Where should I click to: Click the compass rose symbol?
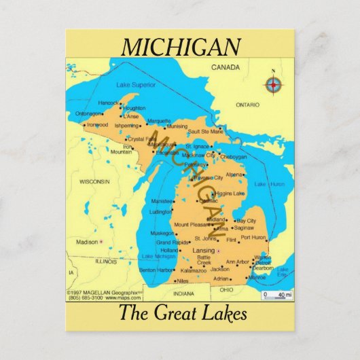click(x=274, y=84)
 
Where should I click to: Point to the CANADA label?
click(x=226, y=68)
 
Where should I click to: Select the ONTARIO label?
click(x=247, y=105)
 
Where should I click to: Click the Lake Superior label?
click(x=135, y=85)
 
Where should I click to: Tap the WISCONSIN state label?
click(x=94, y=181)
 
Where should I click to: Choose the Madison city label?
click(x=86, y=242)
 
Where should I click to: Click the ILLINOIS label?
click(x=106, y=261)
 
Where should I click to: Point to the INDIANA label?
click(x=183, y=293)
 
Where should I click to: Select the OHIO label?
click(x=226, y=289)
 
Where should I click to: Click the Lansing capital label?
click(x=203, y=250)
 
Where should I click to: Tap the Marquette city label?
click(x=159, y=121)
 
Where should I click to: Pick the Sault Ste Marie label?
click(x=205, y=130)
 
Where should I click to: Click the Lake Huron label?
click(x=269, y=184)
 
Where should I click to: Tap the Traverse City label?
click(x=208, y=178)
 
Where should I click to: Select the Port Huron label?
click(x=253, y=238)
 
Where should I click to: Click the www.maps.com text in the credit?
click(x=126, y=298)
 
